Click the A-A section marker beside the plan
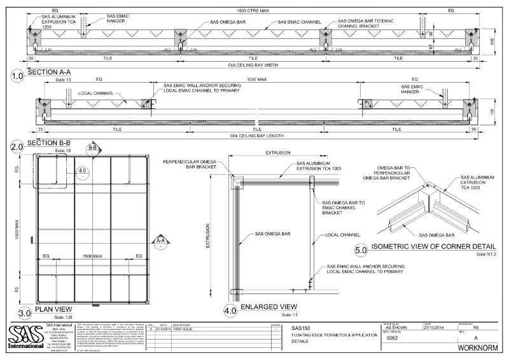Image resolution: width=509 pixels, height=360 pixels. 161,242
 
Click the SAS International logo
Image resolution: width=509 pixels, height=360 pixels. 24,337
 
